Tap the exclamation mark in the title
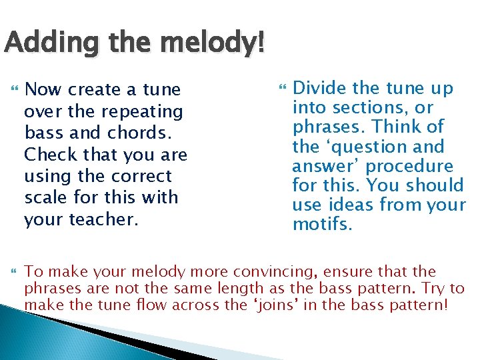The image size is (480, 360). click(x=259, y=45)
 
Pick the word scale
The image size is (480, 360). click(x=45, y=198)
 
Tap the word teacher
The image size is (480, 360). click(x=103, y=219)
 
